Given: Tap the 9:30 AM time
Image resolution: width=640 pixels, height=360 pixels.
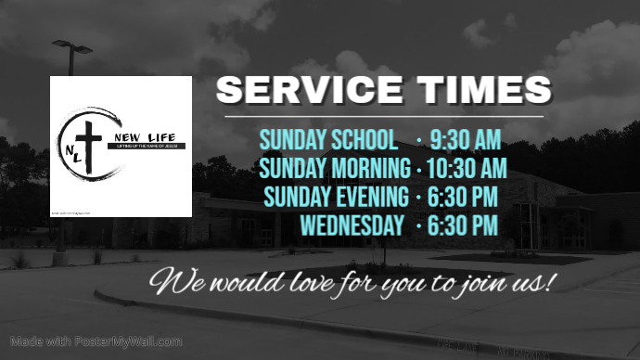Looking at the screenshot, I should coord(466,140).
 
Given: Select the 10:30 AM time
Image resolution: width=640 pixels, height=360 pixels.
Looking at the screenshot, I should coord(467,169).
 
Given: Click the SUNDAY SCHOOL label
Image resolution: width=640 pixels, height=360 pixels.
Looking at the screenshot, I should coord(328,140).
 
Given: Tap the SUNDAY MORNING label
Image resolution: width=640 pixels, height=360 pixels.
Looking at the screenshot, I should coord(335,169).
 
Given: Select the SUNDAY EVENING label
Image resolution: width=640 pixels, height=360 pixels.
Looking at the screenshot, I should coord(336,197).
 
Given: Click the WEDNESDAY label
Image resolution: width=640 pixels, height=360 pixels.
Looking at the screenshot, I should coord(352,225).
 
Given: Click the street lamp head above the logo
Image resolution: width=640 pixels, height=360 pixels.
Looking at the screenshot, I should coord(72,45).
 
